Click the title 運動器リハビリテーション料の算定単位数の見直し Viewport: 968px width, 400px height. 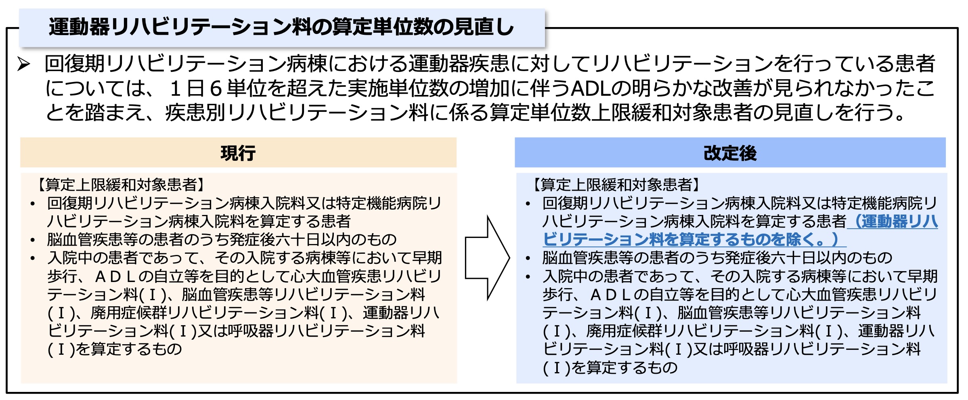[281, 27]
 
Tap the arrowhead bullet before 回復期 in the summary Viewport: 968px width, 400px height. [24, 64]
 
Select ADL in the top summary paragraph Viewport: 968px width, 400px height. [590, 88]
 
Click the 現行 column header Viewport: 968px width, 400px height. [238, 153]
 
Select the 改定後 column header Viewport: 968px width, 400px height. [730, 153]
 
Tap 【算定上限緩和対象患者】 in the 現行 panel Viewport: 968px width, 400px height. [121, 185]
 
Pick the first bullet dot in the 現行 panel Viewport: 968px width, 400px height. [33, 204]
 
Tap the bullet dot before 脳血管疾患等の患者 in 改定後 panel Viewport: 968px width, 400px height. [528, 258]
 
